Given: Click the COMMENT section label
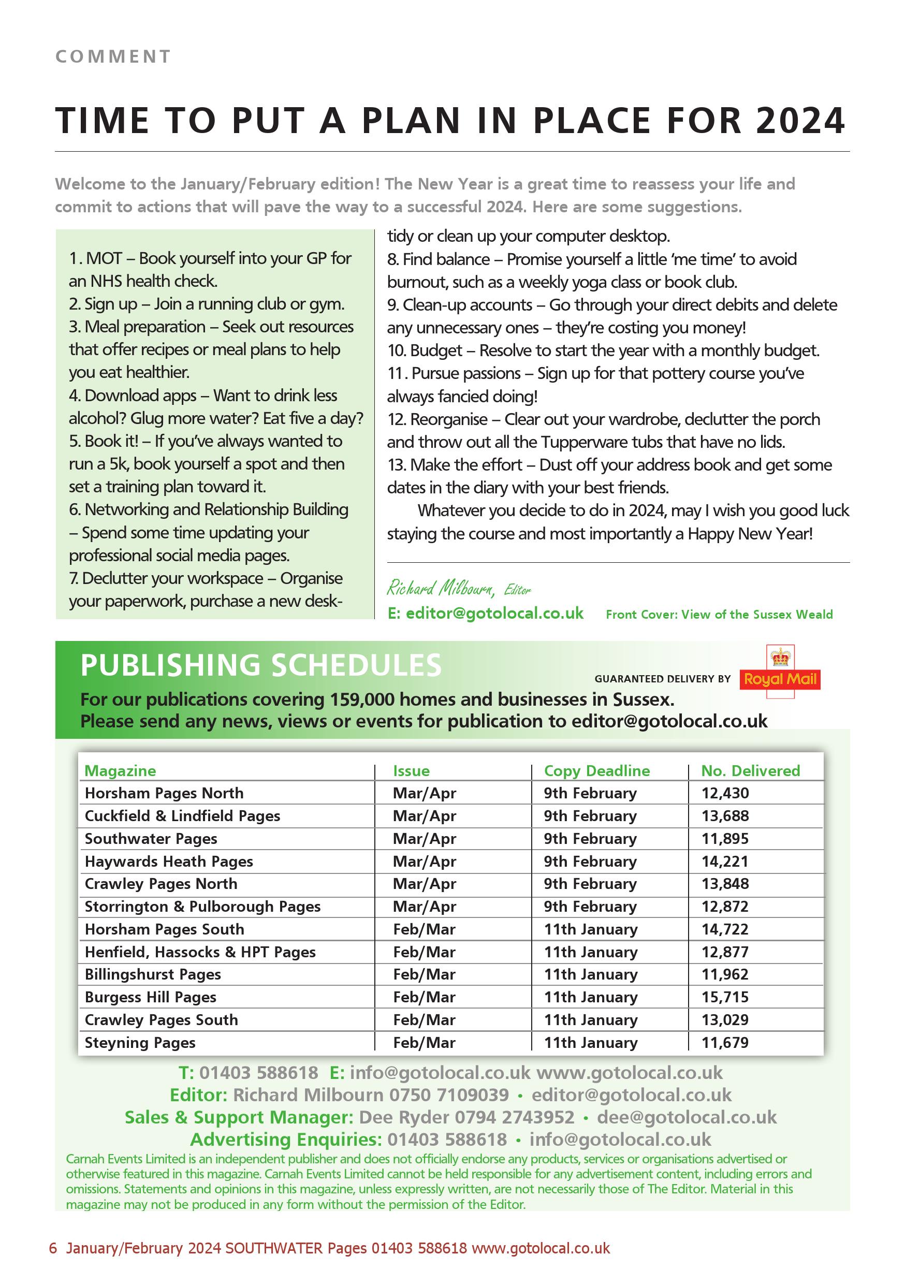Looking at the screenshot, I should click(x=113, y=56).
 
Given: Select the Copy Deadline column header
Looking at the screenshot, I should click(x=597, y=770).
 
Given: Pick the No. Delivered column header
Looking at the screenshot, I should click(x=751, y=770).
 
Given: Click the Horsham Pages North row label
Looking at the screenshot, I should click(x=164, y=793).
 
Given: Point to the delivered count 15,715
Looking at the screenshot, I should click(x=725, y=997).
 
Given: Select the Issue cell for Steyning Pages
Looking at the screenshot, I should click(x=424, y=1042).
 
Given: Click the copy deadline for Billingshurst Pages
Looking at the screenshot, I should click(x=591, y=974).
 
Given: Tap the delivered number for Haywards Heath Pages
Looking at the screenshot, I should click(x=725, y=861).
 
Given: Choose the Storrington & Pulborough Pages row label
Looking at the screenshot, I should click(x=202, y=907).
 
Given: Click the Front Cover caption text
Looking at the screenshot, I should click(x=719, y=615).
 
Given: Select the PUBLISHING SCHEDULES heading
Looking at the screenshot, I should click(x=260, y=665).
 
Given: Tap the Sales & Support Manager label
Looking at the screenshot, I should click(x=239, y=1117).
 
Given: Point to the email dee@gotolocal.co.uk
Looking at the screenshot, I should click(x=687, y=1117).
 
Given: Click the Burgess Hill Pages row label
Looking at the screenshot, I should click(x=151, y=997).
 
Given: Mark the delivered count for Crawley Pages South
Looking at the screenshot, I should click(x=725, y=1019).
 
